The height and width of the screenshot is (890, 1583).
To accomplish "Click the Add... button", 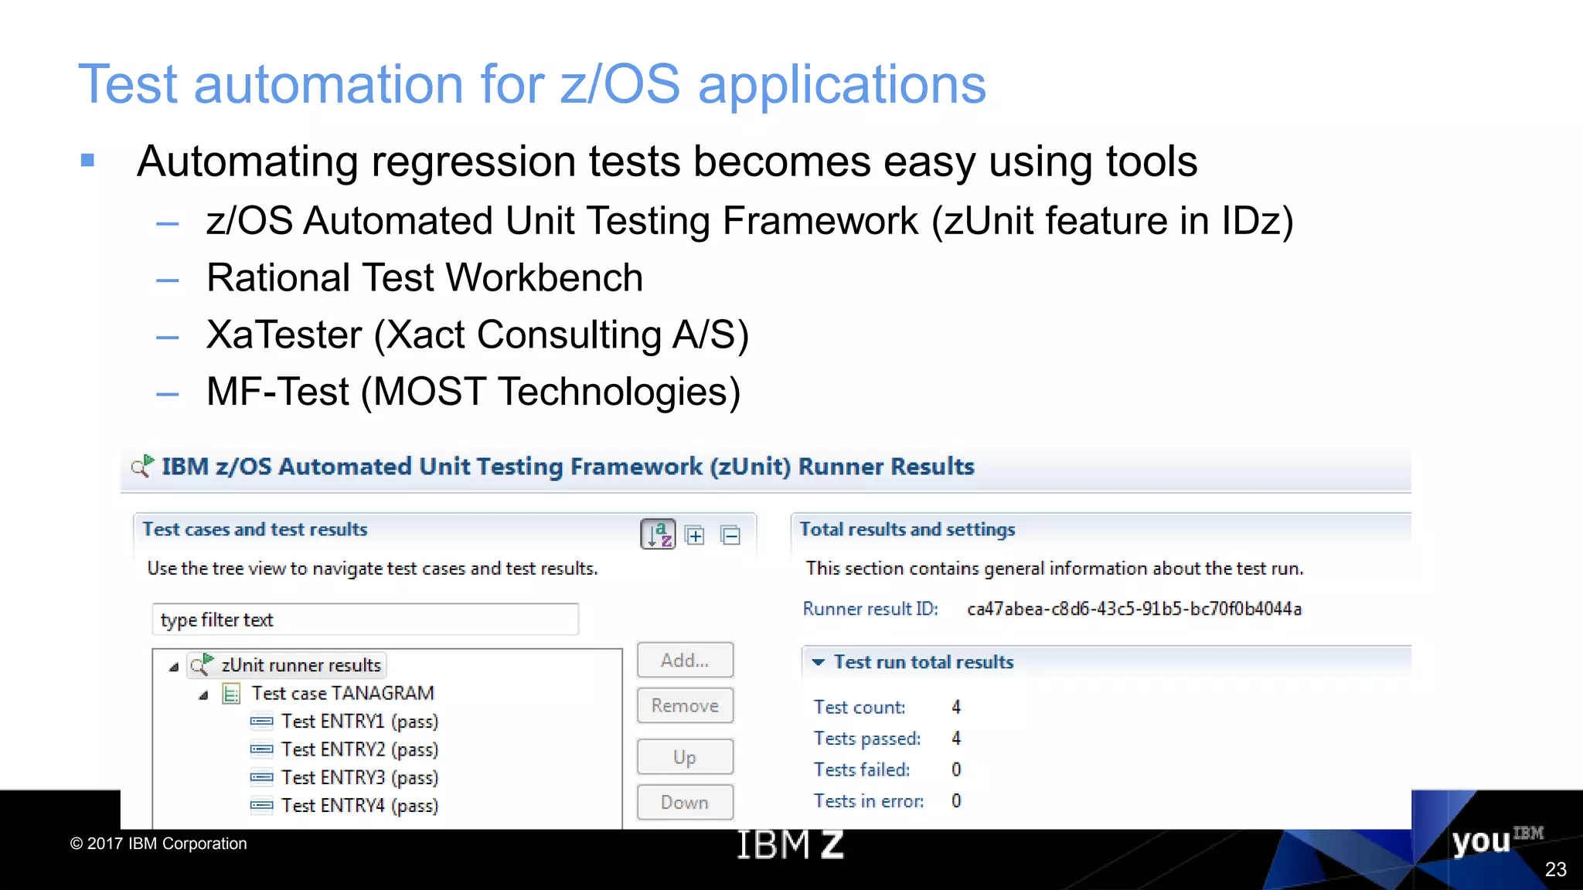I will [x=685, y=661].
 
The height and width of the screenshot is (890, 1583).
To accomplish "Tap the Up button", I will [x=685, y=757].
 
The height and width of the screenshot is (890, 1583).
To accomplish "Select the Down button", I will [x=685, y=803].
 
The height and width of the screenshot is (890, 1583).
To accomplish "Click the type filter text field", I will [x=365, y=620].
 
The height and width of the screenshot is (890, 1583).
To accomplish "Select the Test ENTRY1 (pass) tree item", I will [x=359, y=722].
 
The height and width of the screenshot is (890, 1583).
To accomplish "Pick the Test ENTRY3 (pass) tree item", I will [x=359, y=777].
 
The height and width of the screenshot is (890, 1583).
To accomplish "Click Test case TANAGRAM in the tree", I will [x=342, y=693].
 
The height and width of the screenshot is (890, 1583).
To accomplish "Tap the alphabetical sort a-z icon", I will [x=659, y=534].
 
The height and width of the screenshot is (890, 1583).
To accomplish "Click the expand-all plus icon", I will [x=695, y=535].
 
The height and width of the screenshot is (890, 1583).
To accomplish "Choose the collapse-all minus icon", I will [x=730, y=535].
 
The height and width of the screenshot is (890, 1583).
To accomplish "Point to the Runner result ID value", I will [x=1134, y=609].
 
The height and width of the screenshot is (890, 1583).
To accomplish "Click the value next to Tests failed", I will [x=956, y=769].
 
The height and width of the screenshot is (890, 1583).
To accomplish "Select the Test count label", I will [x=859, y=707].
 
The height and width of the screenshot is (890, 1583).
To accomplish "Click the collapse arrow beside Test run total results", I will [x=818, y=662].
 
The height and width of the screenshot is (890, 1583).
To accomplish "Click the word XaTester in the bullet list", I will [x=284, y=335].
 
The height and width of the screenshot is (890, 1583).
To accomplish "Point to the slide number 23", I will [x=1555, y=869].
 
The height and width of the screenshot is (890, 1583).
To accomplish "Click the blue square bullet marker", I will [x=87, y=161].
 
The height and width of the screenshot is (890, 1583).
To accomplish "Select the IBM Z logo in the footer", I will [x=790, y=844].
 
